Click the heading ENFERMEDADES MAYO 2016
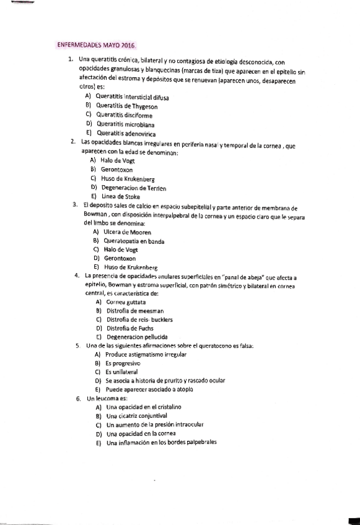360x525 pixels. [95, 46]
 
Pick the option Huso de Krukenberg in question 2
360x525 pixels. [127, 178]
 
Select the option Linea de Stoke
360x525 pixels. [120, 196]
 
